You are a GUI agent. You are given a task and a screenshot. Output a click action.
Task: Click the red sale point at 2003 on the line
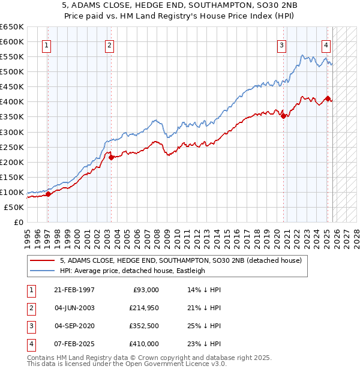coord(111,157)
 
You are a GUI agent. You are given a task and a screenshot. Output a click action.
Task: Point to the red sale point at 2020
coord(283,116)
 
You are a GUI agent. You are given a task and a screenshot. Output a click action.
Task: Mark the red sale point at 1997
coord(48,194)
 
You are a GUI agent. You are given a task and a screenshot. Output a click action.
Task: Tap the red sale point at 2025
coord(328,98)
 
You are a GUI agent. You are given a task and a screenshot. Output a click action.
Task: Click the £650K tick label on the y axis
coord(12,27)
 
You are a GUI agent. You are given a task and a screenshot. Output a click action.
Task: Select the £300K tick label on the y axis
coord(12,132)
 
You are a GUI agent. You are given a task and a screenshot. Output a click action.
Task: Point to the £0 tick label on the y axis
coord(18,222)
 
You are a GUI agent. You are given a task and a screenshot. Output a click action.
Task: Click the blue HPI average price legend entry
coord(133,271)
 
